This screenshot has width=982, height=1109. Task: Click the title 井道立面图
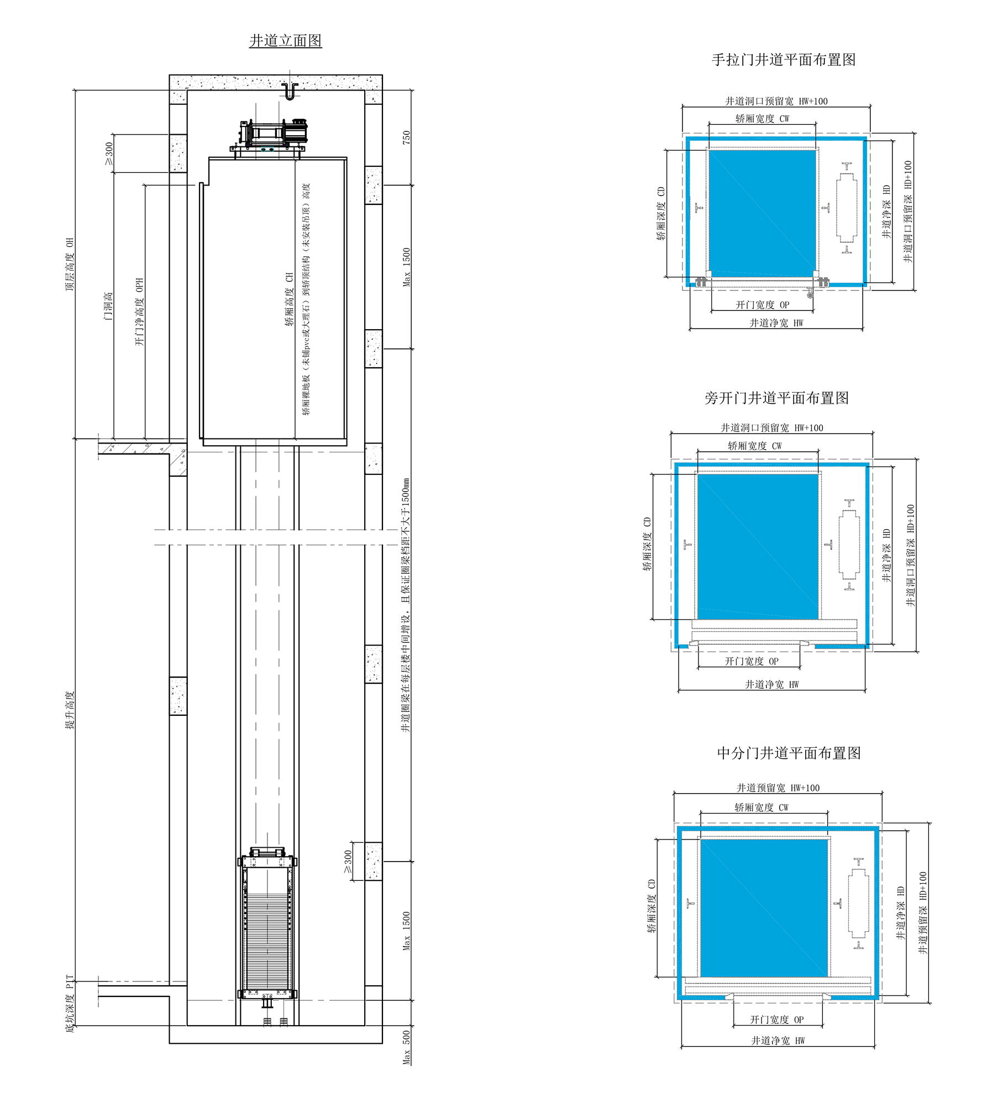(x=285, y=41)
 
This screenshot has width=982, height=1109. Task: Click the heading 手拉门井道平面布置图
(x=783, y=60)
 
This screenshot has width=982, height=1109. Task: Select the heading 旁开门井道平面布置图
(x=776, y=398)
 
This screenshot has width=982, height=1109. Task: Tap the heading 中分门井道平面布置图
(x=789, y=753)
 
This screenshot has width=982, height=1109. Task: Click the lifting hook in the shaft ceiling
(x=290, y=92)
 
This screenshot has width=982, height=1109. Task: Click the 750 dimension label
(x=407, y=138)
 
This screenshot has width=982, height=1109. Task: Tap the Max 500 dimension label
(x=407, y=1047)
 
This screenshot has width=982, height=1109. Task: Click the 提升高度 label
(x=70, y=710)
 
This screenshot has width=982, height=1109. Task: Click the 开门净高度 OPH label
(x=139, y=312)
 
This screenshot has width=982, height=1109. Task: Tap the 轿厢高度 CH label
(x=289, y=299)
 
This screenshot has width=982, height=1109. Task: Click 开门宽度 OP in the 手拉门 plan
(x=762, y=305)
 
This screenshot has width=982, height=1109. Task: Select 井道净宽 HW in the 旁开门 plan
(x=772, y=684)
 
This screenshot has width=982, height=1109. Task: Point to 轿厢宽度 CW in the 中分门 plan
(x=762, y=807)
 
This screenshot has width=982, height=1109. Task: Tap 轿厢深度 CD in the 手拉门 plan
(x=661, y=213)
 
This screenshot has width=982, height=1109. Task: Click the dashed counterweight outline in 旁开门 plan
(x=849, y=545)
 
